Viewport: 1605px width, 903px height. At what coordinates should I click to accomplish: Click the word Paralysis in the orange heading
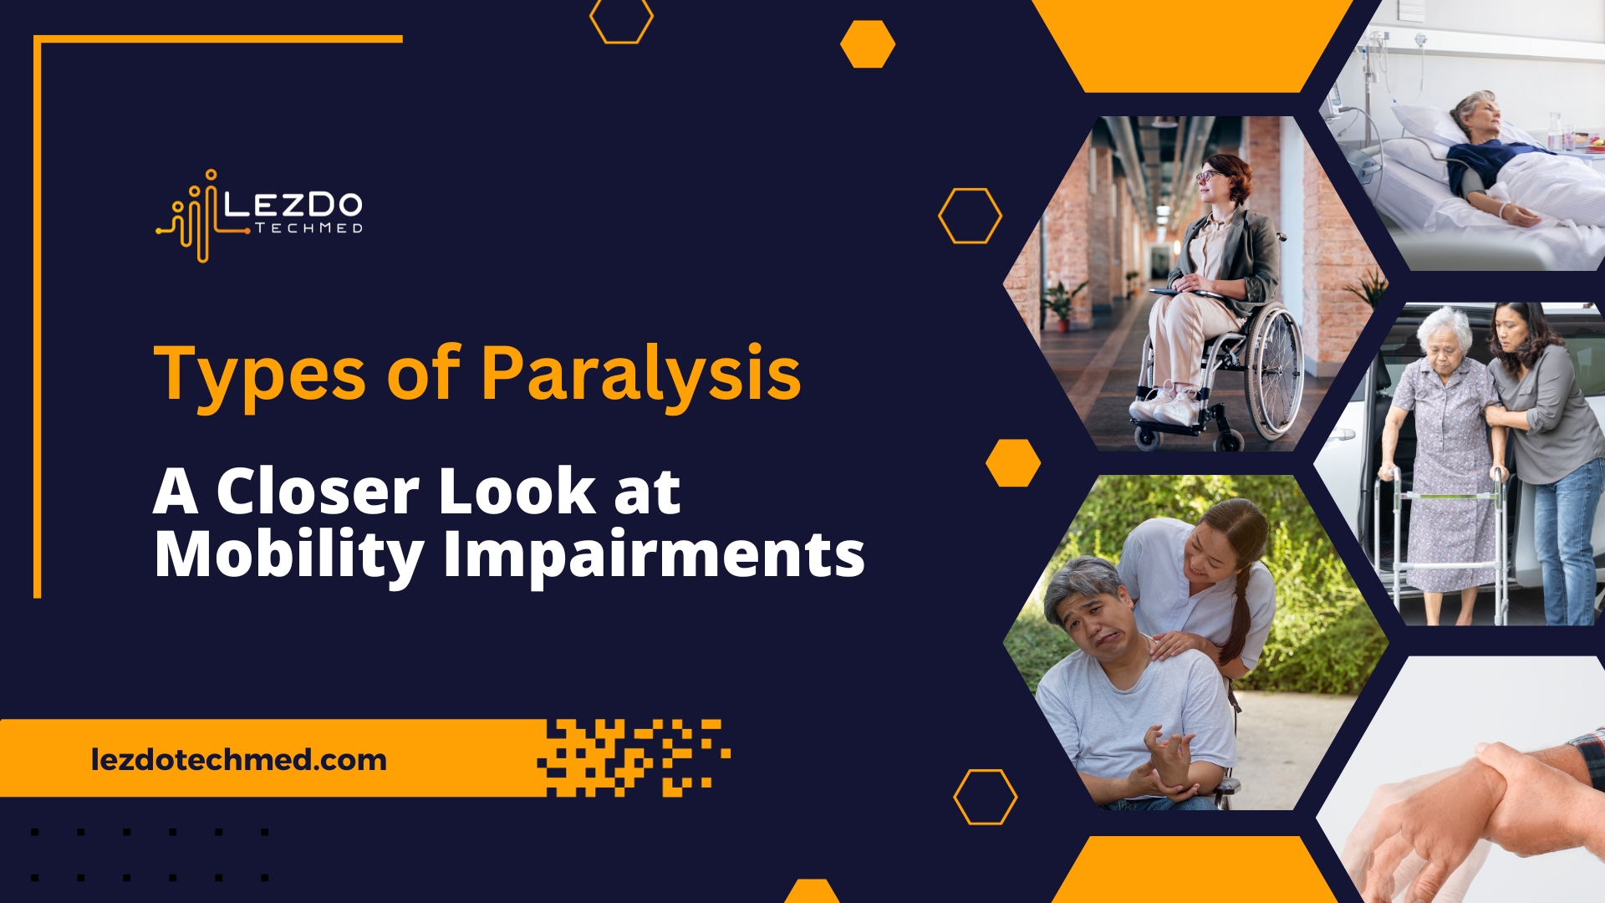(640, 374)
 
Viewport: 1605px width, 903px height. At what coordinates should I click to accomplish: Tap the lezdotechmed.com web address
(239, 759)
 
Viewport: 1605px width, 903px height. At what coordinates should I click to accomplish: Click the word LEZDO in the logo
(293, 205)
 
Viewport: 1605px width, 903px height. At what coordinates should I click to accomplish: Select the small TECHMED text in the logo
(308, 228)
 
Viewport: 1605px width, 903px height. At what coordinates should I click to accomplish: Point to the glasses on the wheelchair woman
(1206, 176)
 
